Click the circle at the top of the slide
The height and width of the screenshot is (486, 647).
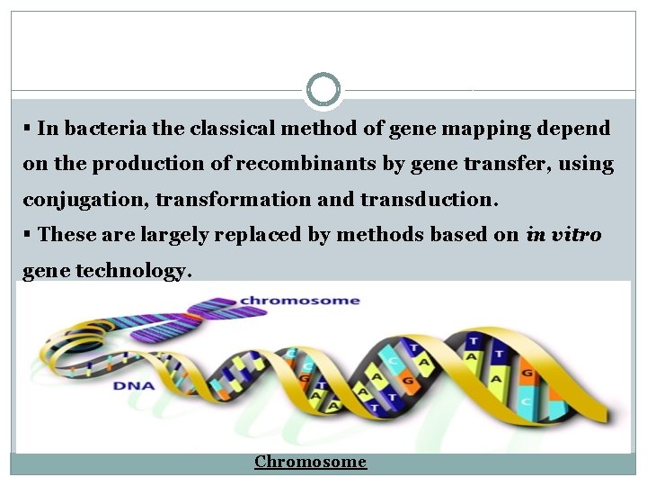[323, 90]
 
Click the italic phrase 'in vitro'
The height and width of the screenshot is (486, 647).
[564, 234]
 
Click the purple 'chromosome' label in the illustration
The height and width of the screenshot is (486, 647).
[299, 301]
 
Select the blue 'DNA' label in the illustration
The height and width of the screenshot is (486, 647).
[133, 386]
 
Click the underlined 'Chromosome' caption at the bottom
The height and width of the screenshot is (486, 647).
[310, 462]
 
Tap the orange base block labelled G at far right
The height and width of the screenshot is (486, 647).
[527, 372]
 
